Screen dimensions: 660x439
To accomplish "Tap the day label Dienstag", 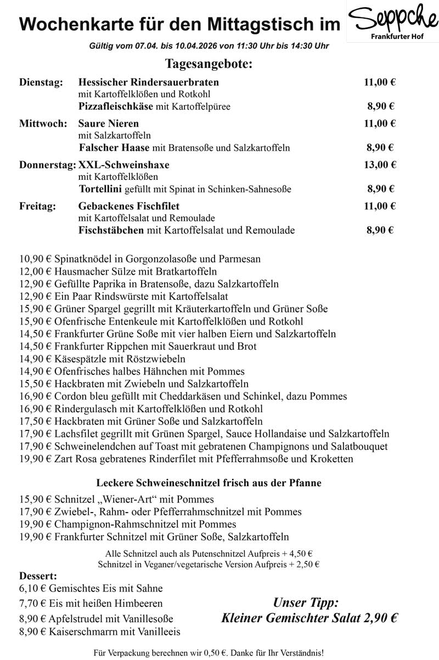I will [41, 83].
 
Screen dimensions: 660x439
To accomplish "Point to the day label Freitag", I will [37, 207].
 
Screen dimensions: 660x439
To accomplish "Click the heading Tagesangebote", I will [209, 64].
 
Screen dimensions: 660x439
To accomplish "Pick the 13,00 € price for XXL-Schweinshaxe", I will [380, 164].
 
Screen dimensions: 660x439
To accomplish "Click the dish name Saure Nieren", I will [109, 123].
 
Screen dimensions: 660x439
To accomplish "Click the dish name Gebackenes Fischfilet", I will [129, 207].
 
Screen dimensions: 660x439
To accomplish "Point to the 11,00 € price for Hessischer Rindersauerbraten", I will [380, 83].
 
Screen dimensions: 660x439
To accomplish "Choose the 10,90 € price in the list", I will [35, 259].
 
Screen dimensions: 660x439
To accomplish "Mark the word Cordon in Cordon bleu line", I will [70, 396].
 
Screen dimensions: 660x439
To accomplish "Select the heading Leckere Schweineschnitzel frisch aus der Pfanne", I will [209, 483].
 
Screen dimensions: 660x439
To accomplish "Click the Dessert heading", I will [38, 577].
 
